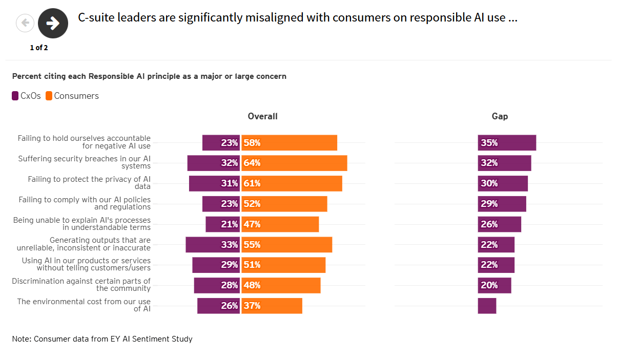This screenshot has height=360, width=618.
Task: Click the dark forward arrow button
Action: coord(53,23)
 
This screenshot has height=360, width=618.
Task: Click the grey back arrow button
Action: coord(25,23)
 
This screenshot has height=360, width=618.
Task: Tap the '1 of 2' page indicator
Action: coord(39,48)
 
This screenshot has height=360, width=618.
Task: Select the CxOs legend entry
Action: coord(26,96)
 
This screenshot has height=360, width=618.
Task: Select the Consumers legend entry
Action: coord(72,96)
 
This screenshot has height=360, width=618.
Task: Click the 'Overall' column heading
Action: coord(262,116)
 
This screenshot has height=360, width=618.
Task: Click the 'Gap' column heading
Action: coord(500,116)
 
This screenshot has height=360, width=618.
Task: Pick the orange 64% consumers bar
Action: coord(294,163)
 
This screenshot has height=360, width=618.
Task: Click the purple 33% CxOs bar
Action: coord(213,245)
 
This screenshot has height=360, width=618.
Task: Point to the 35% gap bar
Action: coord(507,143)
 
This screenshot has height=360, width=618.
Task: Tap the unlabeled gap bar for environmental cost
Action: coord(487,306)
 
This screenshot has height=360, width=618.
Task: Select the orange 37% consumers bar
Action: coord(272,306)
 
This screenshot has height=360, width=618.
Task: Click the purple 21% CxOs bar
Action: coord(222,224)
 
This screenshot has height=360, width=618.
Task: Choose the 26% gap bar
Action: coord(499,224)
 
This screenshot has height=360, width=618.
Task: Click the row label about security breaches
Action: coord(85,162)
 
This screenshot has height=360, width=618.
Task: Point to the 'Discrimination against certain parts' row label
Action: coord(81,285)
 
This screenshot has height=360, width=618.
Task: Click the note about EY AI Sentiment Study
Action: coord(102,339)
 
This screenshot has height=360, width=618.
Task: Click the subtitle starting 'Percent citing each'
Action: coord(149,76)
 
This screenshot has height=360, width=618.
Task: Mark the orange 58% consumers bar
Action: coord(289,143)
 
